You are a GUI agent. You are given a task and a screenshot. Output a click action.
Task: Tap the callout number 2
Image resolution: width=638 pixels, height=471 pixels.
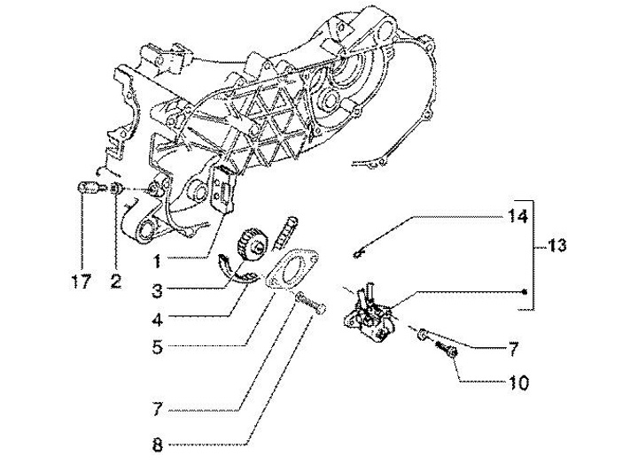coord(116,283)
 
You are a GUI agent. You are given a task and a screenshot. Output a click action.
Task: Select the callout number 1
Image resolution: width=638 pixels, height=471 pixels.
coord(156,262)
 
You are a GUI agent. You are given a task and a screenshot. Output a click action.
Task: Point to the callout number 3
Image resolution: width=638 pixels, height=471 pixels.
coord(156,290)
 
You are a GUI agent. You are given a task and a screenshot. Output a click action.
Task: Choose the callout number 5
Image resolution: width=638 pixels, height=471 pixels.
coord(156,348)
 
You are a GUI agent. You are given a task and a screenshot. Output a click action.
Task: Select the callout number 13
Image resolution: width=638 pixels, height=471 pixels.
coord(556,245)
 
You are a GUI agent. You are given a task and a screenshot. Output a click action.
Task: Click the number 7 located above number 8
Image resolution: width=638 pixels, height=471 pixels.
coord(156,410)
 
